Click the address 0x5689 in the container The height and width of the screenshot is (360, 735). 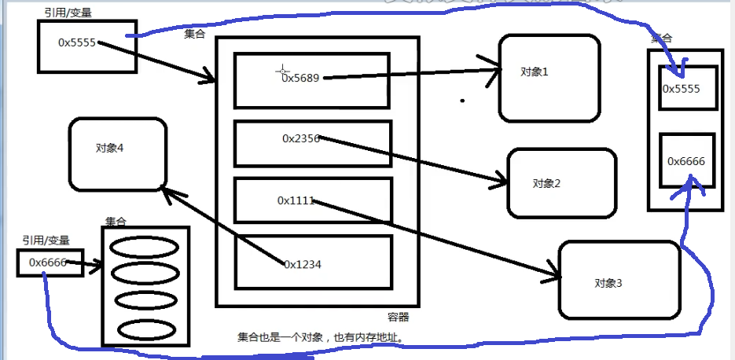(302, 78)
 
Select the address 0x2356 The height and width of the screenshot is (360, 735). (301, 138)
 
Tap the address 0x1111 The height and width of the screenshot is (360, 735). (296, 200)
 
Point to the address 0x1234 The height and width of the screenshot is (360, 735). (303, 265)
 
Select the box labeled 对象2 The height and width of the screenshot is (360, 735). (559, 183)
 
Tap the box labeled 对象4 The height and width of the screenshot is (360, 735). (117, 154)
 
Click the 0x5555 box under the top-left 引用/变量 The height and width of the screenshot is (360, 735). (86, 46)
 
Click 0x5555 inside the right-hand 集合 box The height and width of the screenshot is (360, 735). (682, 88)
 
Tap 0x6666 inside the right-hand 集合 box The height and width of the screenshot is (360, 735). (686, 161)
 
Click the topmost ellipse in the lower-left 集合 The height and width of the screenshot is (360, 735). (145, 247)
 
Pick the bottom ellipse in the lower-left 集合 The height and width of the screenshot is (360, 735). (145, 327)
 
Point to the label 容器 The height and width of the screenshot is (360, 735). (399, 318)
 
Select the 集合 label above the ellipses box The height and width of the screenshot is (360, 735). (116, 222)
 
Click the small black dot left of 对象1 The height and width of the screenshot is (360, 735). (462, 100)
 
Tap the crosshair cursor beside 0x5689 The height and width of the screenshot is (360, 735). (281, 72)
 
